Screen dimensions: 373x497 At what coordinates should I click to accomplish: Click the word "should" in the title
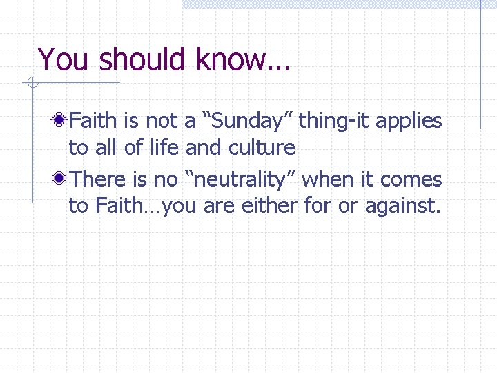tap(144, 59)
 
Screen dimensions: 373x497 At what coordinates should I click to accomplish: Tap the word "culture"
tap(260, 148)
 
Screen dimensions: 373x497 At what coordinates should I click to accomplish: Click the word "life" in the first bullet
tap(166, 148)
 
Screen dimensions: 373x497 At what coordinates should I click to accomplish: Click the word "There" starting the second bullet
tap(95, 180)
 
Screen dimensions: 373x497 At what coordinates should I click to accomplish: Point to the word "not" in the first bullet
tap(160, 122)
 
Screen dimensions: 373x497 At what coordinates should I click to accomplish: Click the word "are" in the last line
tap(217, 207)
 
